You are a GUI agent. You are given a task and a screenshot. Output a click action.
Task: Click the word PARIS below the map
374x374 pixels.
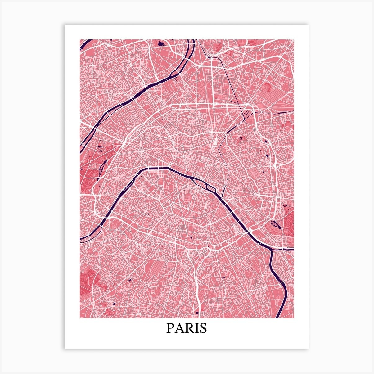point(187,328)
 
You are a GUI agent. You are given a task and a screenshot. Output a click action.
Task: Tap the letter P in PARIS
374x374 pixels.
point(170,328)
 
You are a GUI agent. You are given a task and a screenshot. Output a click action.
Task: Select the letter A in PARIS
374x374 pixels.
point(179,328)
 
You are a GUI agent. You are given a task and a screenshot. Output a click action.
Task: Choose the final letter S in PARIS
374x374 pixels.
point(203,328)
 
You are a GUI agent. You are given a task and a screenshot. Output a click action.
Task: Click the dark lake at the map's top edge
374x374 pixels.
point(160,43)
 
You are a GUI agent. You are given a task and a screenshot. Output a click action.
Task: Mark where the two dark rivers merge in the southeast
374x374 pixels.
point(271,249)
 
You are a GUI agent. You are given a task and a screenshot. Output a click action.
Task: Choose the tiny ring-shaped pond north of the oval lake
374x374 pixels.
point(285,205)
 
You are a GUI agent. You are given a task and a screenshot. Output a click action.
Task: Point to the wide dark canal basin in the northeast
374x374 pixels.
point(247,114)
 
